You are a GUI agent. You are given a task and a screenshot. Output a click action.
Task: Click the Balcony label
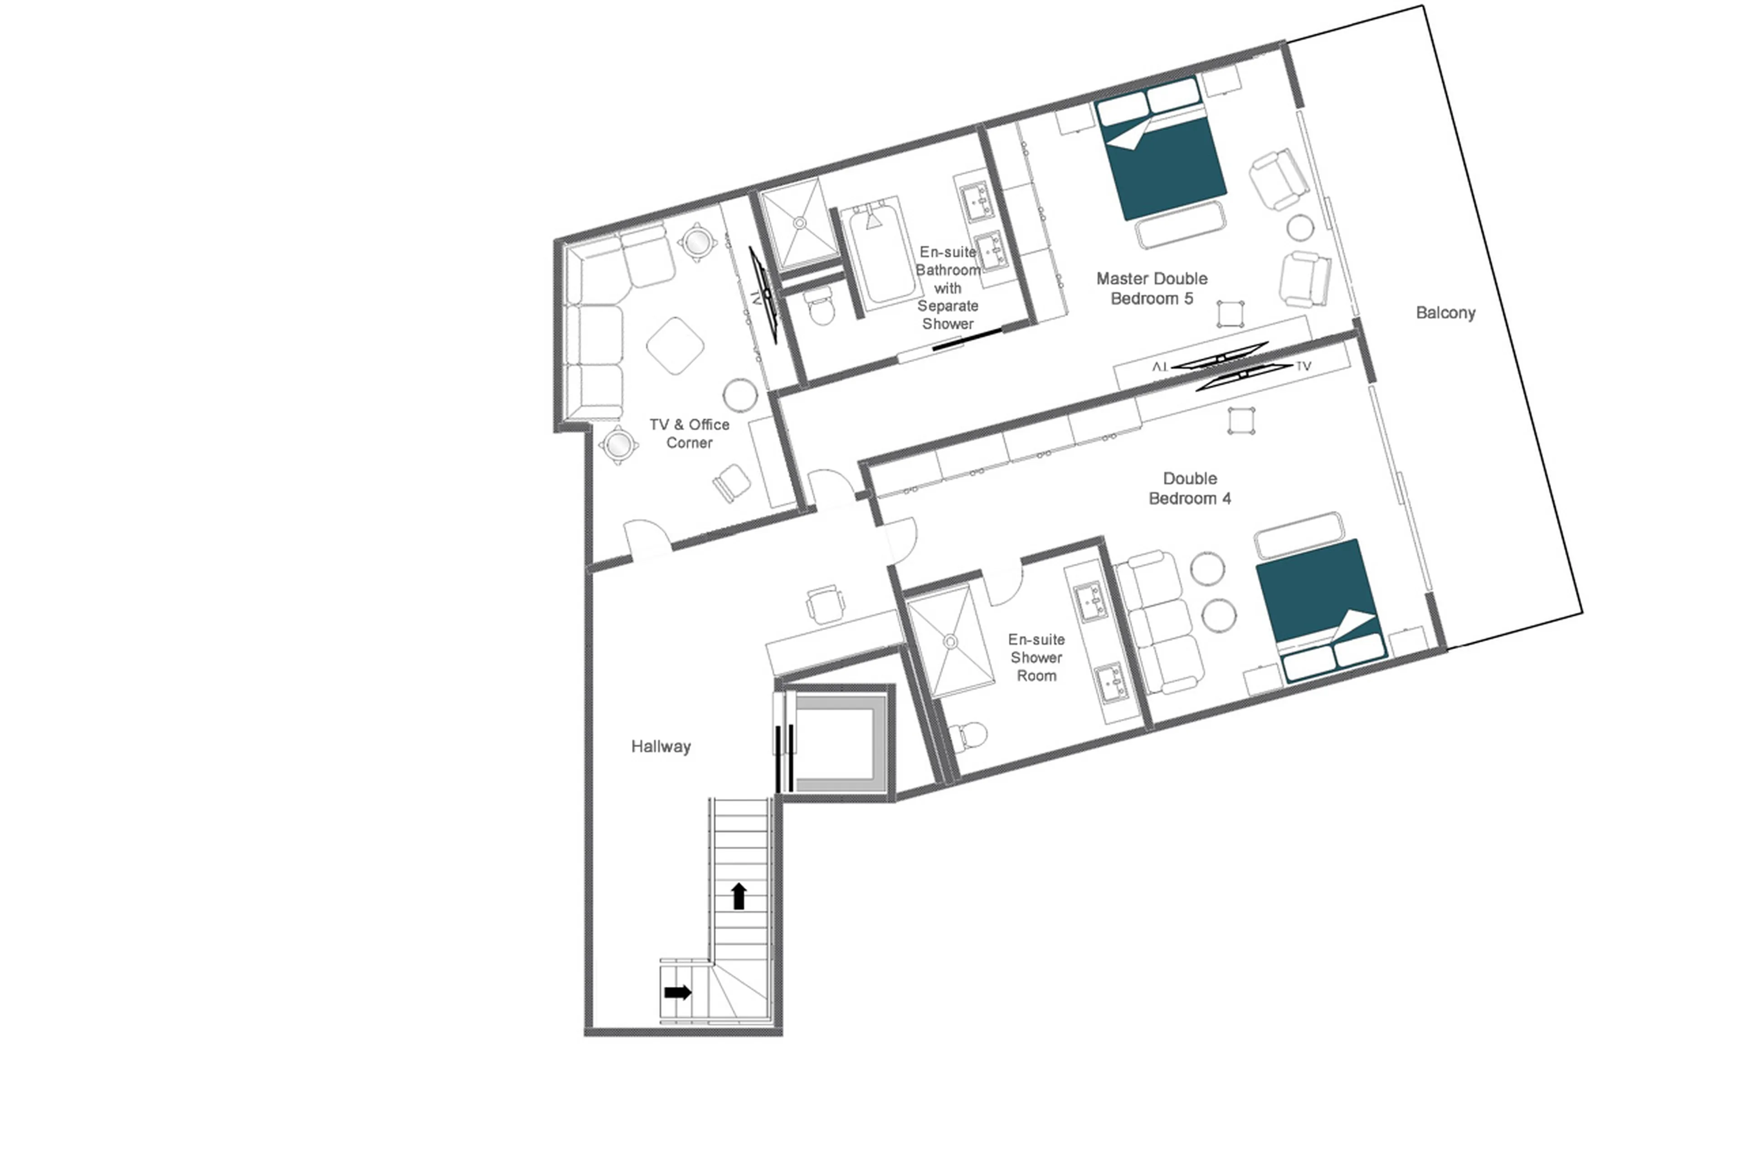[1444, 313]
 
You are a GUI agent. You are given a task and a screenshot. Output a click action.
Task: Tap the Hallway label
[660, 747]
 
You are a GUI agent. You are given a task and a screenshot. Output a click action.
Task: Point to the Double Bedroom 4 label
[1189, 488]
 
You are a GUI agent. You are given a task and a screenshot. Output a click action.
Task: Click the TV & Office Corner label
[689, 433]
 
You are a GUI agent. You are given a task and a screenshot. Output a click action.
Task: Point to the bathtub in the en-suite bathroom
[880, 252]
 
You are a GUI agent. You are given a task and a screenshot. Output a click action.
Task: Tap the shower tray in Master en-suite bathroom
[799, 222]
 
